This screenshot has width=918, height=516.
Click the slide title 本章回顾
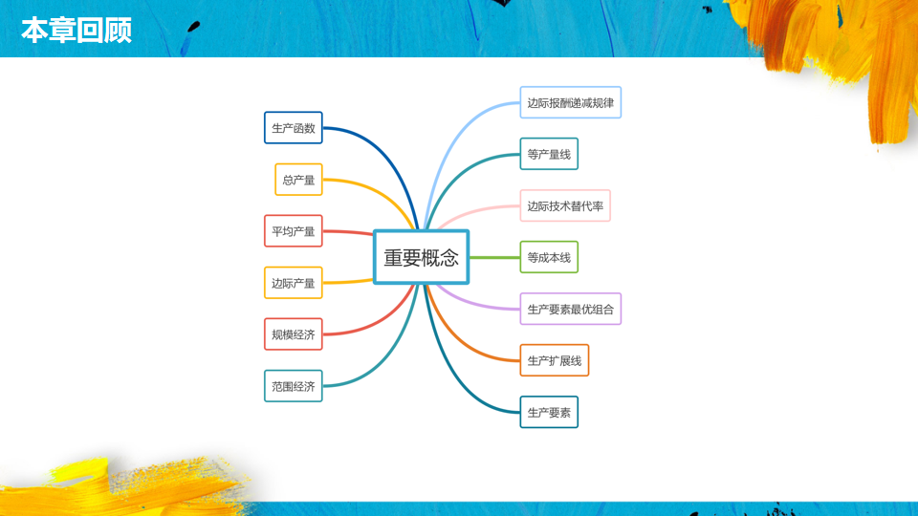(x=76, y=30)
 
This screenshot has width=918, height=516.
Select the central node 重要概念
(x=421, y=257)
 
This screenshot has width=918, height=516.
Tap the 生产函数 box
(x=294, y=128)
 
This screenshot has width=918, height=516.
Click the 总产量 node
(x=298, y=180)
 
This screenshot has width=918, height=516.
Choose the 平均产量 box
(x=294, y=231)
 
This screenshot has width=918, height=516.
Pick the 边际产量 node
(x=294, y=283)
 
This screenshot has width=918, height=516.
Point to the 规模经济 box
(x=294, y=334)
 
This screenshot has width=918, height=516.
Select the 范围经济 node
(x=294, y=386)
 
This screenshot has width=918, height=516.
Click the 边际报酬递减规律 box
(x=571, y=102)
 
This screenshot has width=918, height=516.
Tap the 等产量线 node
(x=549, y=154)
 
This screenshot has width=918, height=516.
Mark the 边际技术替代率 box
(x=565, y=205)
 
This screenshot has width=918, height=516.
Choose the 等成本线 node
(x=549, y=257)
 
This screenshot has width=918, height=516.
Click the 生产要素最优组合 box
(x=571, y=309)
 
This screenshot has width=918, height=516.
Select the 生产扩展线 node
(x=555, y=360)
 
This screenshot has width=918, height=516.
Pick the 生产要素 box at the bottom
(x=549, y=412)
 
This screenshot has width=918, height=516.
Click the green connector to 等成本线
(x=494, y=257)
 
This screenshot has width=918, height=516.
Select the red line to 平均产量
(x=348, y=232)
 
